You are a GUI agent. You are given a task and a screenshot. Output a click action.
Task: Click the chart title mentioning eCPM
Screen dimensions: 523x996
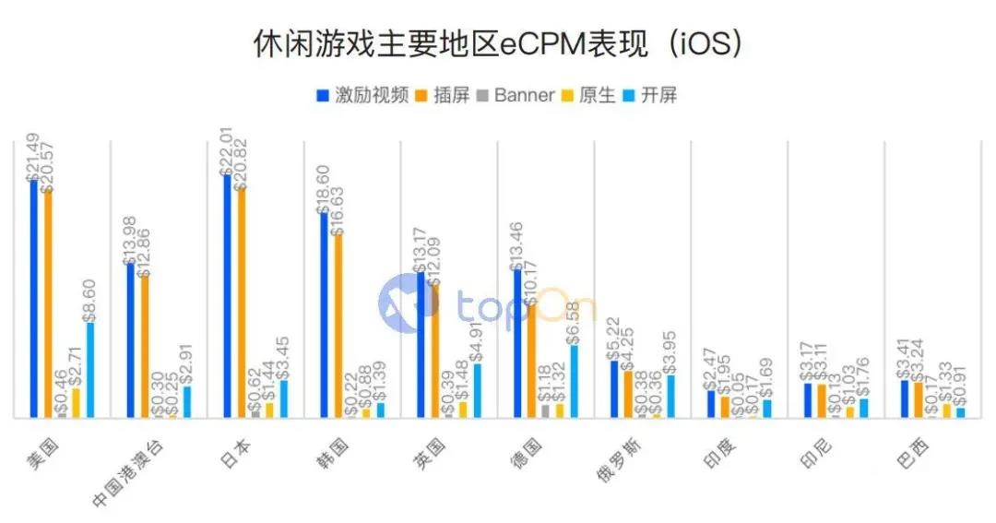[498, 44]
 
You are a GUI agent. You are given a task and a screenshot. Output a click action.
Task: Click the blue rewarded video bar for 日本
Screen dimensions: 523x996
[228, 295]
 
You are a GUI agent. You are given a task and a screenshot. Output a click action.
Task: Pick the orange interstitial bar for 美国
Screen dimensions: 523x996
[48, 303]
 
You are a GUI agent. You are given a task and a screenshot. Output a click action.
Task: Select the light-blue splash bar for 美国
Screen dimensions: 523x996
[89, 369]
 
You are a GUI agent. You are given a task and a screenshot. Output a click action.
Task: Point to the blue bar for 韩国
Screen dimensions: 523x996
[324, 315]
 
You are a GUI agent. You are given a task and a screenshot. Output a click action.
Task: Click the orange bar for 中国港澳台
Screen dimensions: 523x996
[145, 347]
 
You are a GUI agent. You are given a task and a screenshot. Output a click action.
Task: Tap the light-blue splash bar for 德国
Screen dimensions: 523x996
[574, 381]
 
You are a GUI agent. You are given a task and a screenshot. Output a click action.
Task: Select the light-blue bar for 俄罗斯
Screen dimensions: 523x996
[670, 396]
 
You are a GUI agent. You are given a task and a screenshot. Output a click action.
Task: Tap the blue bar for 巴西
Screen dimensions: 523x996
[905, 398]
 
